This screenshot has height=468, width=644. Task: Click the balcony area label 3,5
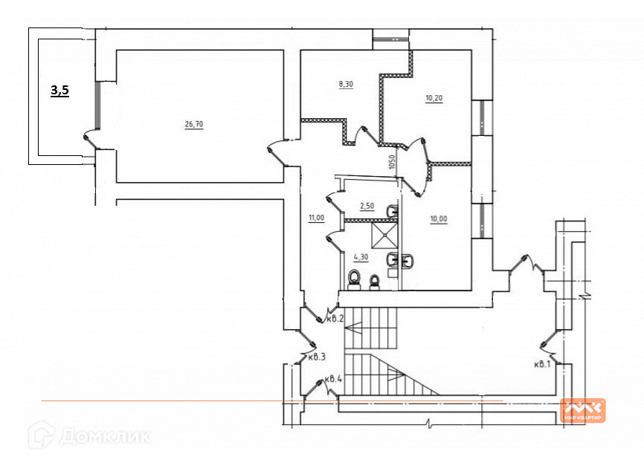click(x=60, y=91)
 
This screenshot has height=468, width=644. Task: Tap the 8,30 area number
click(x=346, y=85)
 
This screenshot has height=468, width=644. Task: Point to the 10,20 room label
click(x=434, y=98)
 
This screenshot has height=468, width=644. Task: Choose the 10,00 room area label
click(x=439, y=218)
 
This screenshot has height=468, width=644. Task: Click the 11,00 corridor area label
click(x=315, y=218)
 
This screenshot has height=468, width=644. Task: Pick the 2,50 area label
click(x=367, y=207)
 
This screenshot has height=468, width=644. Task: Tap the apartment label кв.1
click(x=541, y=364)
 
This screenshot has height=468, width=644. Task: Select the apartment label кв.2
click(x=335, y=319)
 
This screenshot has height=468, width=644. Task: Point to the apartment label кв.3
click(x=318, y=357)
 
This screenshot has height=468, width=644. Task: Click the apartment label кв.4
click(x=333, y=379)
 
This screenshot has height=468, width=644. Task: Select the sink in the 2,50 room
click(x=393, y=212)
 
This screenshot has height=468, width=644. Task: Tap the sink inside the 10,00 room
click(x=408, y=261)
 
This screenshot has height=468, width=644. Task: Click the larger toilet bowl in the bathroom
click(x=355, y=279)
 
